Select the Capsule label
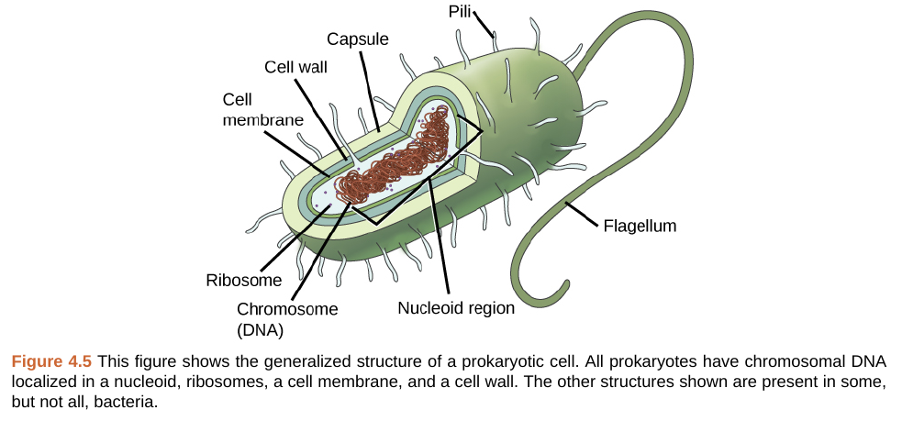(359, 39)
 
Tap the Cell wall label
(295, 67)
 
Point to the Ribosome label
(243, 279)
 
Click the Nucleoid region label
(455, 308)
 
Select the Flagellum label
(639, 225)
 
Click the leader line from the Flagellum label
(583, 214)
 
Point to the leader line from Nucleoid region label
(439, 238)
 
